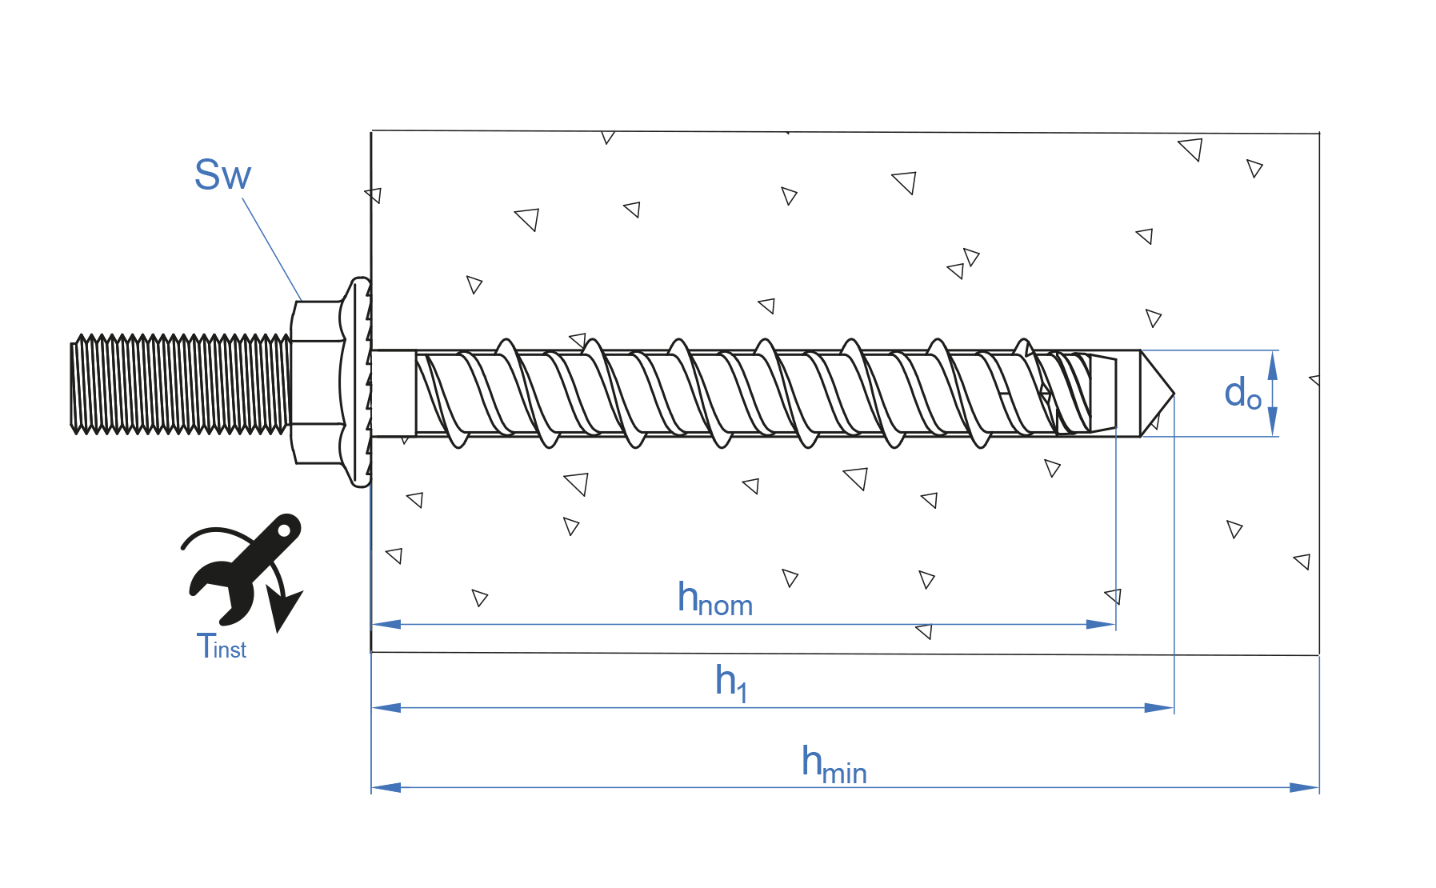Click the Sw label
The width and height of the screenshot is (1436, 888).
[x=222, y=175]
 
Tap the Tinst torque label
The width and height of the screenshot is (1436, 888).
[x=221, y=646]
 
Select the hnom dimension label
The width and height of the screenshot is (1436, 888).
[x=714, y=599]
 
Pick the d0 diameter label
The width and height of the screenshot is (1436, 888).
[x=1242, y=394]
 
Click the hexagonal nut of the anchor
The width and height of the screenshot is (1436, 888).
[x=316, y=382]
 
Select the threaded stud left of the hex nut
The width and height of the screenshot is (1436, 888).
[x=180, y=384]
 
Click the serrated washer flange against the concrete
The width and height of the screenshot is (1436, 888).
[x=357, y=382]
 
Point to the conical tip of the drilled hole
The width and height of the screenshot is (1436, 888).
[x=1155, y=394]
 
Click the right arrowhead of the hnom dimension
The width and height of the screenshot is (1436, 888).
[x=1102, y=624]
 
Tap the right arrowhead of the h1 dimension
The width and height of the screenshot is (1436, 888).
[x=1160, y=708]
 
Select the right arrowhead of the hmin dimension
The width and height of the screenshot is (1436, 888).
[x=1305, y=788]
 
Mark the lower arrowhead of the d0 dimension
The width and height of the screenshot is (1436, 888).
[x=1272, y=422]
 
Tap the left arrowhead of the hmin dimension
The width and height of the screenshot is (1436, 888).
[x=386, y=788]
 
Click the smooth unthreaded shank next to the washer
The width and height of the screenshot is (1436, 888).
[x=394, y=394]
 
